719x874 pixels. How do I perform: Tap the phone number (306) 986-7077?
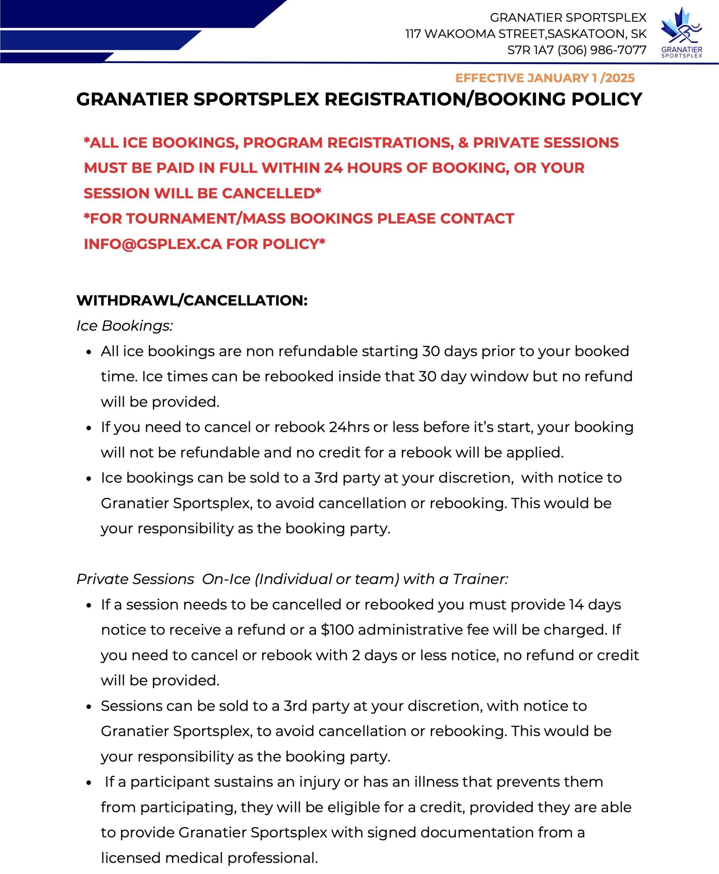(602, 50)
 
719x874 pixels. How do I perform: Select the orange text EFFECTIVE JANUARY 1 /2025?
(545, 78)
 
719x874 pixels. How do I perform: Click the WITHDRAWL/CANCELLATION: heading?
(192, 300)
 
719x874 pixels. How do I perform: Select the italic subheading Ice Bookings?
(124, 326)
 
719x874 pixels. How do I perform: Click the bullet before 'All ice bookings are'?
(89, 352)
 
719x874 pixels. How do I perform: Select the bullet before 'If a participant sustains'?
(89, 783)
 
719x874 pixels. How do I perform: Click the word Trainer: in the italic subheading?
(480, 579)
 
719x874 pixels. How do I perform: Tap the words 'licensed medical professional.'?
(209, 858)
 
